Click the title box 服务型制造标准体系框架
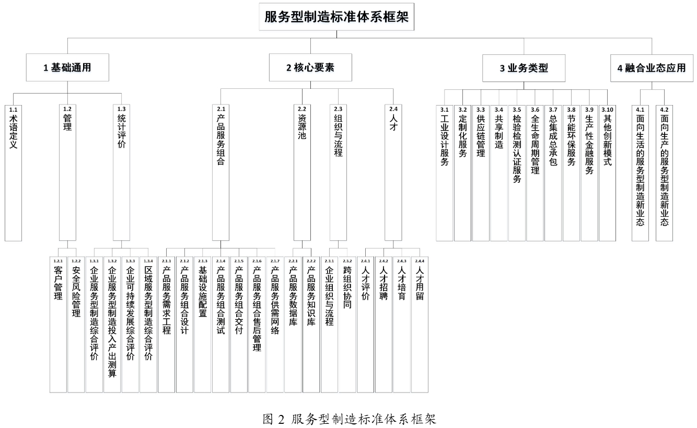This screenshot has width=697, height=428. pyautogui.click(x=336, y=17)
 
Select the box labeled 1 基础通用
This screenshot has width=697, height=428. pyautogui.click(x=68, y=67)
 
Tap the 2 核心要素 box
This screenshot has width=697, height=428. pyautogui.click(x=310, y=67)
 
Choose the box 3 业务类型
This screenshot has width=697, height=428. pyautogui.click(x=524, y=67)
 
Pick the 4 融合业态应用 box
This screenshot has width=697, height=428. pyautogui.click(x=651, y=67)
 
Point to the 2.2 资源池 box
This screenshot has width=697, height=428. pyautogui.click(x=301, y=172)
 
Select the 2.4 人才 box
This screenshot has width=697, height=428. pyautogui.click(x=393, y=172)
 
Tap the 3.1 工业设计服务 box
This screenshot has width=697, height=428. pyautogui.click(x=445, y=172)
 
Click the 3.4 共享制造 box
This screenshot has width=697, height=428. pyautogui.click(x=498, y=172)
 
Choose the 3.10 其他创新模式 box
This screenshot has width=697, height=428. pyautogui.click(x=607, y=172)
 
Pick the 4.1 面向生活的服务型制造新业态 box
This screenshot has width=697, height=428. pyautogui.click(x=640, y=172)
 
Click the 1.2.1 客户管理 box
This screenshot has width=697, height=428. pyautogui.click(x=58, y=324)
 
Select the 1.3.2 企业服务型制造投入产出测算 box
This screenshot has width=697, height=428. pyautogui.click(x=112, y=324)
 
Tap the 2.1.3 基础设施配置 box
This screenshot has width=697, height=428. pyautogui.click(x=202, y=324)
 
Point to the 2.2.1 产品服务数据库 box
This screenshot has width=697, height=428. pyautogui.click(x=293, y=324)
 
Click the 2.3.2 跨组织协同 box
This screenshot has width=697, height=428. pyautogui.click(x=347, y=324)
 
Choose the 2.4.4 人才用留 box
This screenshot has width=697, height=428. pyautogui.click(x=419, y=324)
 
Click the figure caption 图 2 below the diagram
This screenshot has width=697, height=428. pyautogui.click(x=349, y=419)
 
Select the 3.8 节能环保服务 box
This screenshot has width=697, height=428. pyautogui.click(x=571, y=172)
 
